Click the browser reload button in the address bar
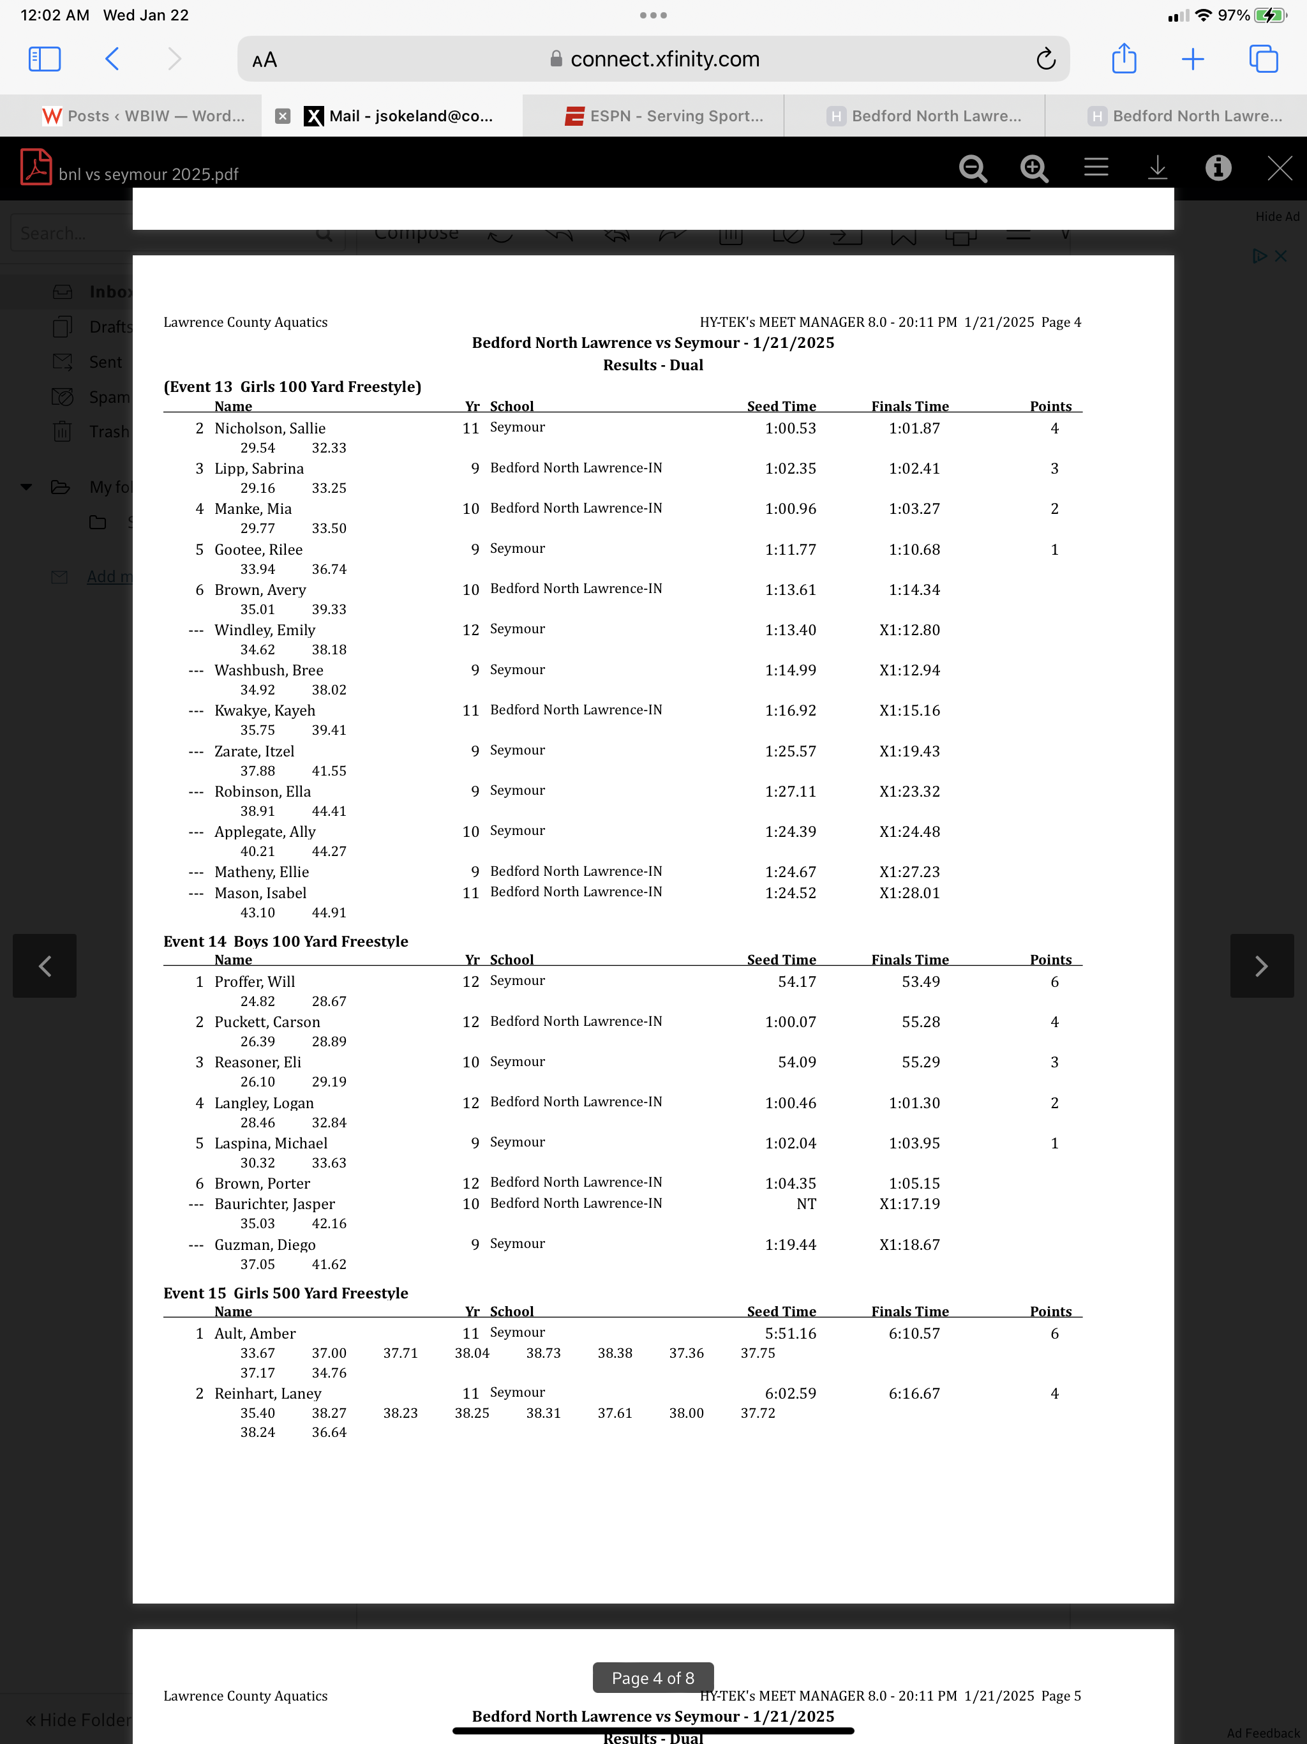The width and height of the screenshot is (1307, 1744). pos(1045,59)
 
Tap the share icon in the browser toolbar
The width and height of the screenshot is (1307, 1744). pos(1123,59)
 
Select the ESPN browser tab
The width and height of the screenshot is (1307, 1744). pos(664,116)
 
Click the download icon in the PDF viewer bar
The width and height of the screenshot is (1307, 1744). pos(1156,168)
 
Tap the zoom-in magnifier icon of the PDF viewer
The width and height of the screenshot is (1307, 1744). pos(1033,168)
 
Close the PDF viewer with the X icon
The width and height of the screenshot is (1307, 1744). pos(1279,168)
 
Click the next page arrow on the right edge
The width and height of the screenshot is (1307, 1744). pos(1261,966)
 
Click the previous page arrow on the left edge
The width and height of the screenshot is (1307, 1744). pos(45,966)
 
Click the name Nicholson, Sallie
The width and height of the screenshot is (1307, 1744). pos(269,428)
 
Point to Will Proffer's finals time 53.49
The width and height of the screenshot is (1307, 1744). pos(920,982)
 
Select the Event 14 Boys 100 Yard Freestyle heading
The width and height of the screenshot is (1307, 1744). pos(285,942)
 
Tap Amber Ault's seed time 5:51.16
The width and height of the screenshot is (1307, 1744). pos(790,1334)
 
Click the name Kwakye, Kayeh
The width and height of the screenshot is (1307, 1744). pos(265,710)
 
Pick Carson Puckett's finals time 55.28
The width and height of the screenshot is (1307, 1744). pos(920,1022)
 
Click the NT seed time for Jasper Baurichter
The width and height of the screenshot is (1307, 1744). pos(805,1204)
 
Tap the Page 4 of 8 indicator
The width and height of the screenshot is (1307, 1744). pos(653,1678)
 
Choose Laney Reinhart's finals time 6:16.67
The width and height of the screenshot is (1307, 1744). pos(914,1393)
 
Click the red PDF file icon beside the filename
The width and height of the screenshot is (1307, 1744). pos(36,167)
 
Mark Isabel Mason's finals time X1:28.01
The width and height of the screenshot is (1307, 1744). pos(909,892)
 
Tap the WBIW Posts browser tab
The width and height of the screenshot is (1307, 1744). pos(144,116)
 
